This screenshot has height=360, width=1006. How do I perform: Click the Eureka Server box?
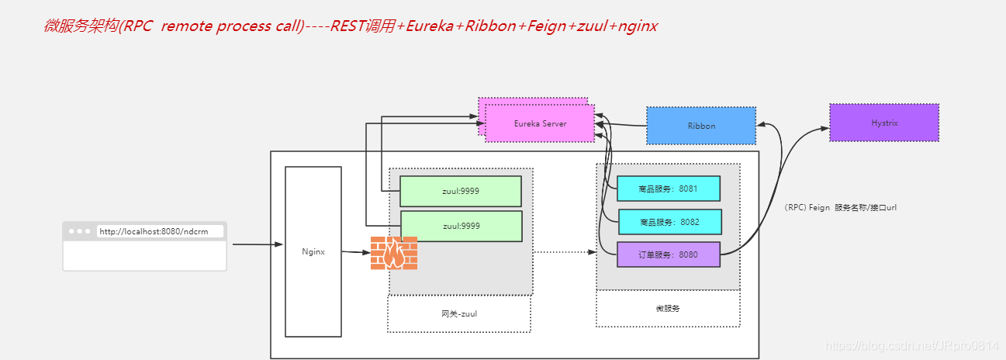click(540, 124)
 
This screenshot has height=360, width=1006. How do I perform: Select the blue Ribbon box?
click(701, 126)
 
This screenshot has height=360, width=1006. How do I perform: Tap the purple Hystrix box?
click(884, 123)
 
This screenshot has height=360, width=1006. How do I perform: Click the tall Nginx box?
click(313, 251)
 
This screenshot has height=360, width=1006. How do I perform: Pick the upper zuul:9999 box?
click(461, 192)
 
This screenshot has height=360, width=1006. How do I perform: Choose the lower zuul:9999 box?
click(461, 226)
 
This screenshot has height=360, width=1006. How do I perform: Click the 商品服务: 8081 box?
click(669, 189)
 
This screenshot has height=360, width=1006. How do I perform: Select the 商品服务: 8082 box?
click(669, 222)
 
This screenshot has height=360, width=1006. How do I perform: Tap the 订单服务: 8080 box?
click(669, 254)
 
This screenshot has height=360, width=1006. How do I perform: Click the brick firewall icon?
click(394, 253)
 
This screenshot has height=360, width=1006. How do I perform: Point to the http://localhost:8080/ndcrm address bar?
click(159, 231)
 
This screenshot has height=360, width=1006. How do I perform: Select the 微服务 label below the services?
click(667, 308)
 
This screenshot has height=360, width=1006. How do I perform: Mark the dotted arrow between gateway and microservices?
click(565, 251)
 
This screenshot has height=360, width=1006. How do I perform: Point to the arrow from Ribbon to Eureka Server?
click(621, 126)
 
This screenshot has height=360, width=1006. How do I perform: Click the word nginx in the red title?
click(639, 26)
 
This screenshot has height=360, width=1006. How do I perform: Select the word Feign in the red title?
click(548, 26)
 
